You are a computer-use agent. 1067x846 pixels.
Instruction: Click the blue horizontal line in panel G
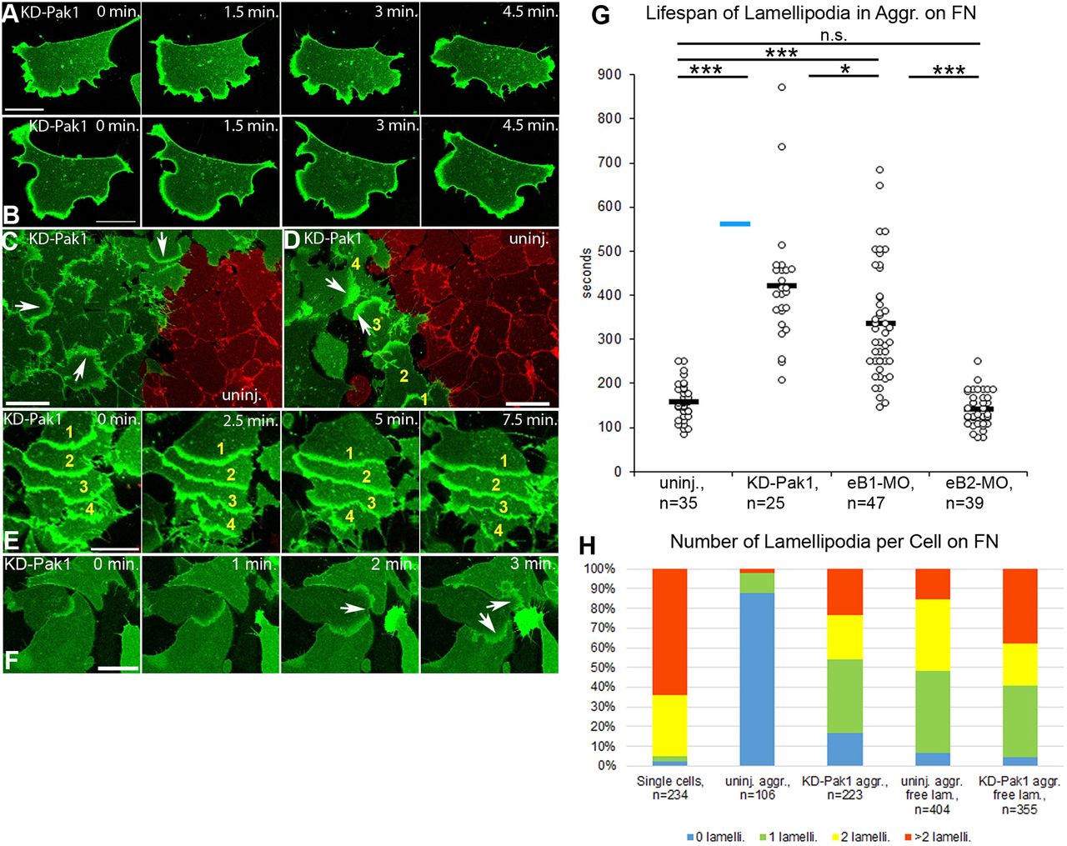point(734,223)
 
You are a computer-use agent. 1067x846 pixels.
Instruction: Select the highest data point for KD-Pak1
point(782,87)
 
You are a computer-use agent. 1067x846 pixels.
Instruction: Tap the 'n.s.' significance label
point(833,35)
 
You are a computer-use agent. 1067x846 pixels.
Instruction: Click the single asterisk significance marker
point(844,69)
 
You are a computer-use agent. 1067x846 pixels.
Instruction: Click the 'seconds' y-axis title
point(586,273)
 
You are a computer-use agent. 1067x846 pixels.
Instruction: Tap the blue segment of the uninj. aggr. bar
point(757,678)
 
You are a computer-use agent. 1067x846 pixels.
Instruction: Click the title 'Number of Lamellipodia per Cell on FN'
point(834,542)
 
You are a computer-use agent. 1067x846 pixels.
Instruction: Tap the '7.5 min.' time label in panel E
point(529,420)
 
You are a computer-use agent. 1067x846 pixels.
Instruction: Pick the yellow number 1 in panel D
point(423,398)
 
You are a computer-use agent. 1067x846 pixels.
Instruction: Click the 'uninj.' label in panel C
point(243,394)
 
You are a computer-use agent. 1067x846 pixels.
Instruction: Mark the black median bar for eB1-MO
point(880,323)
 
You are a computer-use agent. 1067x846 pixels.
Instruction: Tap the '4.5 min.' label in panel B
point(529,126)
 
